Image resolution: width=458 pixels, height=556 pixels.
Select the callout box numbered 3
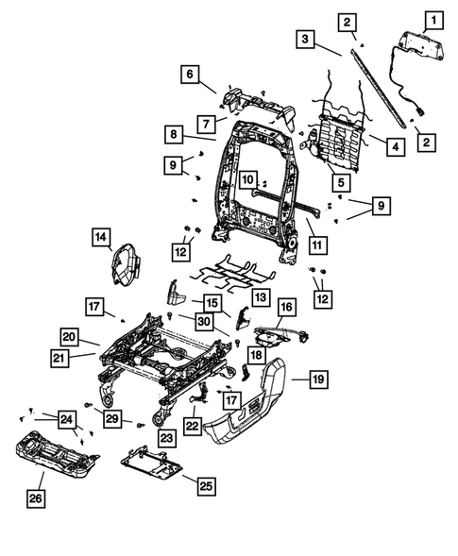[304, 39]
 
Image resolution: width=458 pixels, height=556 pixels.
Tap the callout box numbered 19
[319, 380]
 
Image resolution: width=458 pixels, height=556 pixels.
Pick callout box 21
[59, 357]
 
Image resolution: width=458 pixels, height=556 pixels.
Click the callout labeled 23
[168, 438]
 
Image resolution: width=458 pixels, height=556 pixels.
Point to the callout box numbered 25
[206, 485]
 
